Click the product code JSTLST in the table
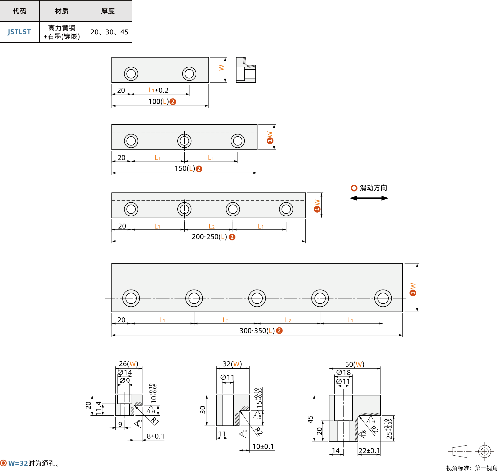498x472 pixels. (x=19, y=32)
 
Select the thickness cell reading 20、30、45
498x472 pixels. (x=109, y=32)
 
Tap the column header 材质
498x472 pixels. (x=62, y=11)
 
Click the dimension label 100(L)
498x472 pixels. (x=158, y=102)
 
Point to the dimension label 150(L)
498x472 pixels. (x=185, y=168)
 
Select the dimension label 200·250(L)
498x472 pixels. (x=209, y=237)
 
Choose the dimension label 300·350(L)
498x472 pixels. (x=257, y=330)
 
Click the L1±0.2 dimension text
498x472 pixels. (x=158, y=90)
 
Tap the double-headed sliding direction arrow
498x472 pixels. (x=369, y=198)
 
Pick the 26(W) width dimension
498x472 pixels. (x=129, y=363)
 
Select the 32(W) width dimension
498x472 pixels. (x=232, y=364)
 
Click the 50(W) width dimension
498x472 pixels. (x=355, y=364)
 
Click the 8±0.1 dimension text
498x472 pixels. (x=156, y=436)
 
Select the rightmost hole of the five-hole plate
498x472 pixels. (x=383, y=298)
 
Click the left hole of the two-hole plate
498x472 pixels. (x=131, y=74)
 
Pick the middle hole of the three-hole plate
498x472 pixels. (x=184, y=141)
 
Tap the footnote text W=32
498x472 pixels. (x=18, y=463)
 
